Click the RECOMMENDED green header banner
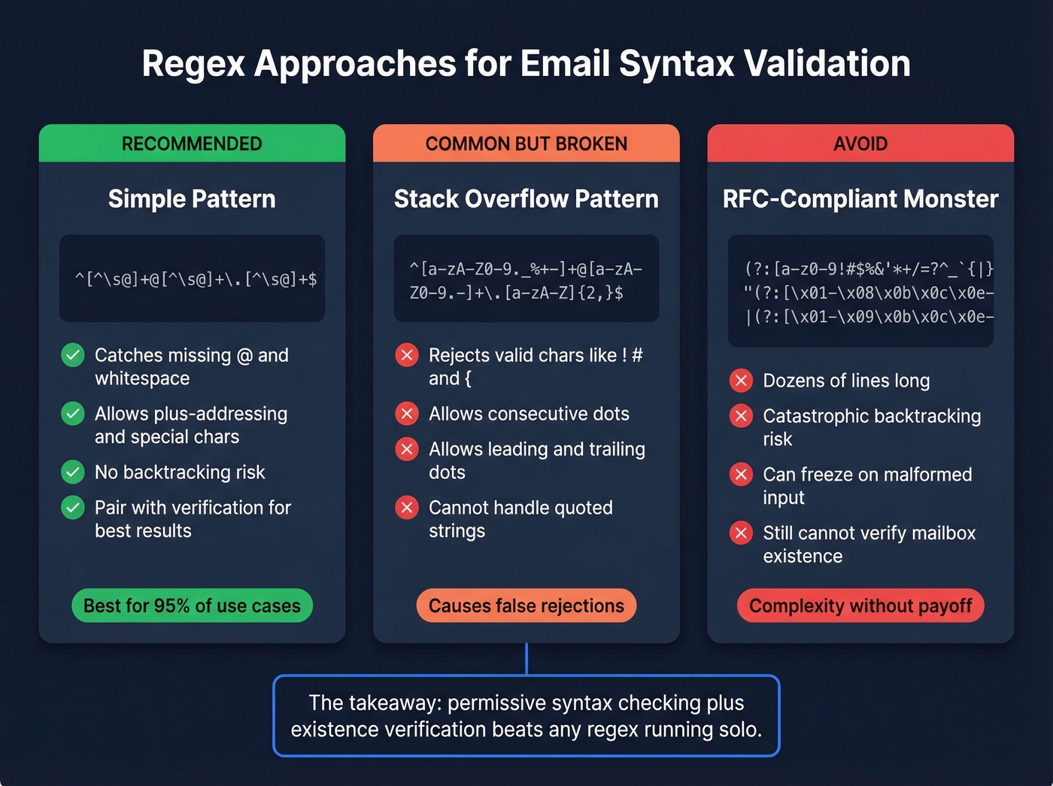(192, 144)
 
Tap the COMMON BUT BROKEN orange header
(526, 144)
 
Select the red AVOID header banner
(860, 144)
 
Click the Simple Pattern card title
(192, 199)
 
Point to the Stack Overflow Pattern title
(526, 199)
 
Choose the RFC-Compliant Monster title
(860, 199)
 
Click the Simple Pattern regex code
(196, 280)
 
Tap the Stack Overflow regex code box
(526, 280)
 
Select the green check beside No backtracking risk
(73, 472)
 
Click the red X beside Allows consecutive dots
(407, 414)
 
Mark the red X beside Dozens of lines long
(741, 381)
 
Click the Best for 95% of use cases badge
(192, 605)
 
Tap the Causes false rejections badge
(526, 605)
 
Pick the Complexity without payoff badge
(860, 605)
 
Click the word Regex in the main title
(193, 64)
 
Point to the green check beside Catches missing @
(73, 355)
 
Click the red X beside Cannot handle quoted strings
(407, 508)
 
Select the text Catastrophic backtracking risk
(871, 427)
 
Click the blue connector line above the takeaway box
(526, 659)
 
